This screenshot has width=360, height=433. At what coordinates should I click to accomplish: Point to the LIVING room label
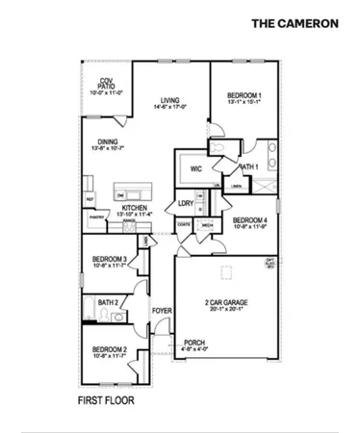click(x=170, y=99)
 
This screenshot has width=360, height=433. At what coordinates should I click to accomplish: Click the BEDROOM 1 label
click(x=244, y=94)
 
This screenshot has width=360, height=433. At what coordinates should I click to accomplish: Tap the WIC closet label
click(x=195, y=167)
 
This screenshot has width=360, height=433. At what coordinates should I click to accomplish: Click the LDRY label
click(x=186, y=203)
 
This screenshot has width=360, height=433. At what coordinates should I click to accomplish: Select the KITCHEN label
click(x=133, y=208)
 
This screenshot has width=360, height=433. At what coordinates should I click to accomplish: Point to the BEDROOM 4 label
click(x=249, y=218)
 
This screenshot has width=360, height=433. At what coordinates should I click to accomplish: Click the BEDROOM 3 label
click(x=110, y=259)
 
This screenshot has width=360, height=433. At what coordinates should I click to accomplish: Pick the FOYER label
click(x=162, y=310)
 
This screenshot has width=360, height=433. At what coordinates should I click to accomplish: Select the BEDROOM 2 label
click(x=110, y=348)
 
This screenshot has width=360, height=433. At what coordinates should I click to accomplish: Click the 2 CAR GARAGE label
click(x=226, y=302)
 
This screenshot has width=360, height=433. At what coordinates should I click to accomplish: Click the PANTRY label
click(x=96, y=217)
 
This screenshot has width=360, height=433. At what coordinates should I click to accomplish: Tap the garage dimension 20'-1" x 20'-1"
click(x=225, y=309)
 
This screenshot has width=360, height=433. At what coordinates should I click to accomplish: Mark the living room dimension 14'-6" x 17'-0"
click(x=170, y=106)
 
